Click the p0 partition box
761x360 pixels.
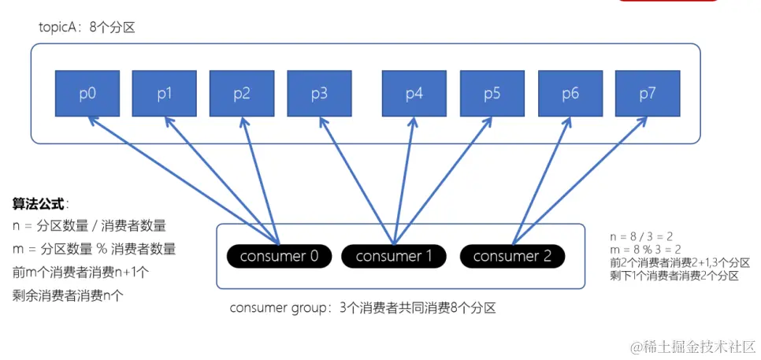click(x=87, y=94)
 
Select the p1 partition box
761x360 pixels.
click(x=164, y=94)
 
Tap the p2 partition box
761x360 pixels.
click(x=241, y=94)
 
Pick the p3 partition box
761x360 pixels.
click(x=319, y=94)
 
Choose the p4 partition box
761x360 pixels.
click(x=414, y=94)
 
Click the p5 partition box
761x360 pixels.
click(x=492, y=94)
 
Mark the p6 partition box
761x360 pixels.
click(x=570, y=94)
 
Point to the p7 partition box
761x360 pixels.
click(x=648, y=94)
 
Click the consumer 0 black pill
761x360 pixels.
click(x=279, y=256)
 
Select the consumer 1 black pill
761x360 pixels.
click(x=394, y=256)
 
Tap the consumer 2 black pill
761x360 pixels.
click(x=512, y=256)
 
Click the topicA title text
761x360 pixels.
click(x=87, y=28)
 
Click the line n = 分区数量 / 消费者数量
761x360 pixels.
click(x=90, y=225)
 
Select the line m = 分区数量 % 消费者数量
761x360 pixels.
click(x=94, y=249)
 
